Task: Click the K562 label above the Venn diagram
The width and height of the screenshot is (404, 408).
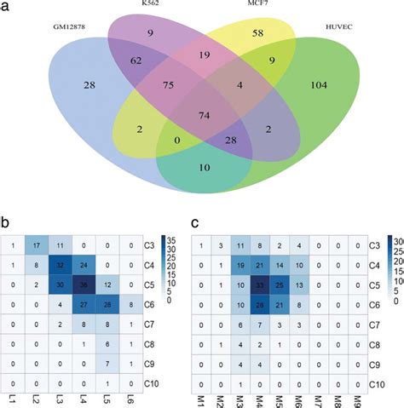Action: (x=154, y=4)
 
